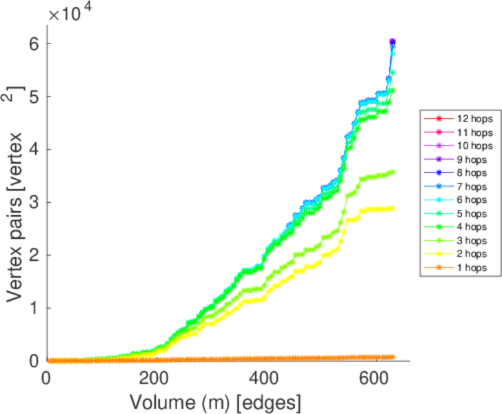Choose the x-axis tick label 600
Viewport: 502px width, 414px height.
coord(376,378)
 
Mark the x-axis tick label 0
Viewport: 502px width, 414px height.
coord(46,378)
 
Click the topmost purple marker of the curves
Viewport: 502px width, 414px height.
coord(392,42)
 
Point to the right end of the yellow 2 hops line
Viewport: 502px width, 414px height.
coord(393,208)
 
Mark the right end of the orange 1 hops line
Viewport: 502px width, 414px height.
coord(393,357)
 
